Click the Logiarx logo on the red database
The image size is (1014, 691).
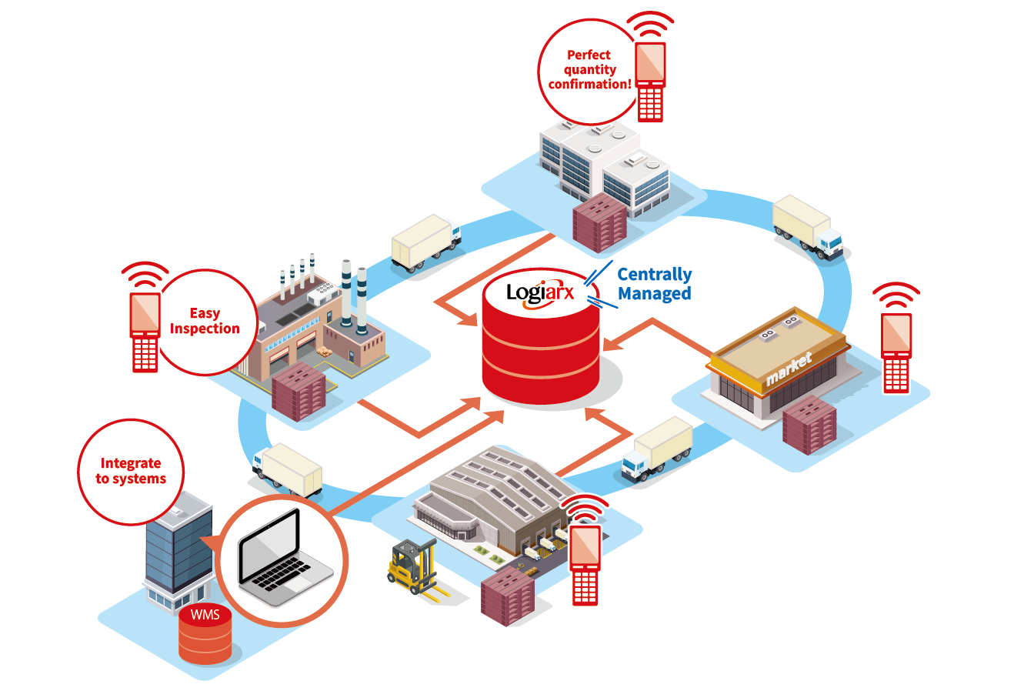540,293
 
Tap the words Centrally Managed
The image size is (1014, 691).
654,284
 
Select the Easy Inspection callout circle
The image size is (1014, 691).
205,321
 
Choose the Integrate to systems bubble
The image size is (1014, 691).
131,471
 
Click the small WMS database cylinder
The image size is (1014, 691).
205,633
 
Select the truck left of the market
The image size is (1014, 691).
656,449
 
